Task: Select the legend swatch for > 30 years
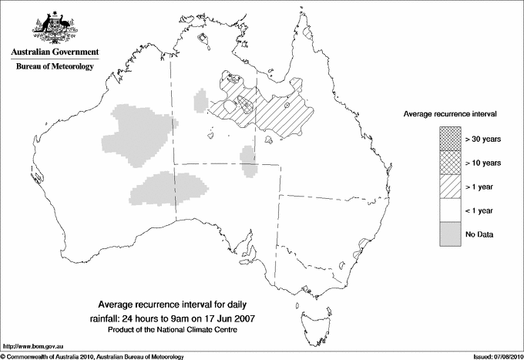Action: coord(448,140)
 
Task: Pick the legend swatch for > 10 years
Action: coord(448,163)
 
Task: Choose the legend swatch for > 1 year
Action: coord(448,187)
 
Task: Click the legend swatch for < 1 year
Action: coord(448,210)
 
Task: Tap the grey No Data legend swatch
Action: coord(448,234)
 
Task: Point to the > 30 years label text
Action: coord(482,140)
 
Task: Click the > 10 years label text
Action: coord(482,163)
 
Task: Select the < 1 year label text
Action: coord(480,210)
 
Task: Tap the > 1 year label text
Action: coord(480,187)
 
